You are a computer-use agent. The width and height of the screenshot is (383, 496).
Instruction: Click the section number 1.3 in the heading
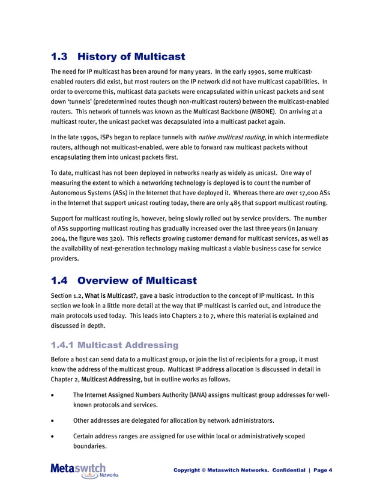coord(59,57)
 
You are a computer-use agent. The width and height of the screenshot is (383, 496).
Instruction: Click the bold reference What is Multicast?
coord(111,295)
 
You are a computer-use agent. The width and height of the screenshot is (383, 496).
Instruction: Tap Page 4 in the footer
coord(322,470)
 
